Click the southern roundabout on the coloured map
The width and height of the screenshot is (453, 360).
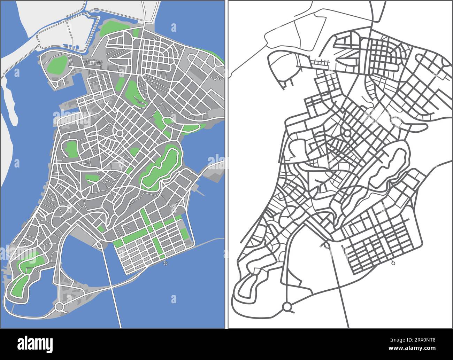click(x=59, y=306)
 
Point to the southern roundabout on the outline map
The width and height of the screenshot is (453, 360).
click(x=287, y=307)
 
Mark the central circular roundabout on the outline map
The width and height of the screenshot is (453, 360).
click(x=347, y=133)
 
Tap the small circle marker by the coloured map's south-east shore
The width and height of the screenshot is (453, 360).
click(x=166, y=263)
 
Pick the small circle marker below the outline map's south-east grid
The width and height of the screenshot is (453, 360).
click(x=393, y=263)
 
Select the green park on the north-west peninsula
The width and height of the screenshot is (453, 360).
click(x=57, y=64)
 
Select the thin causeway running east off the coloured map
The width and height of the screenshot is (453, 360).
click(x=209, y=242)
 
